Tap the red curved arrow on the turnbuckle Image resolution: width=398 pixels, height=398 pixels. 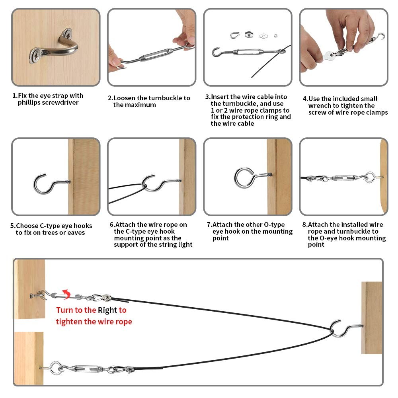pos(67,294)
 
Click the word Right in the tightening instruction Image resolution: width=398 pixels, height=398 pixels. pos(107,310)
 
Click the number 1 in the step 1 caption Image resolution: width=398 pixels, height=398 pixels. pos(15,96)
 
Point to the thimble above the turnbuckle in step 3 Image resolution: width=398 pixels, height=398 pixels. pos(234,35)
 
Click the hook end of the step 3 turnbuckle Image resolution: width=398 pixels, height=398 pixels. pos(217,52)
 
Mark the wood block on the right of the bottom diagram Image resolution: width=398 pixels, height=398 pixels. pos(372,318)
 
